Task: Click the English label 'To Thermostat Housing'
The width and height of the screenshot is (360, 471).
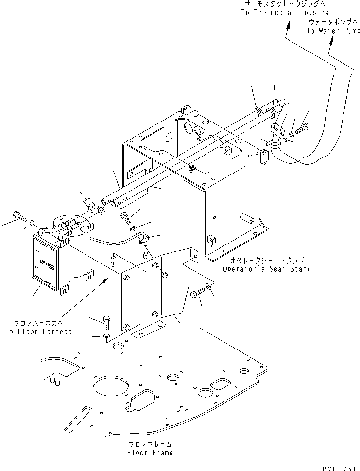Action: [x=284, y=12]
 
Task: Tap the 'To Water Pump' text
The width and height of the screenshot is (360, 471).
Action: [x=333, y=31]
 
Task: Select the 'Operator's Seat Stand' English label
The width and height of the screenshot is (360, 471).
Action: [x=267, y=269]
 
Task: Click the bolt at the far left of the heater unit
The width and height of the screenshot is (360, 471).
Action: [x=17, y=215]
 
